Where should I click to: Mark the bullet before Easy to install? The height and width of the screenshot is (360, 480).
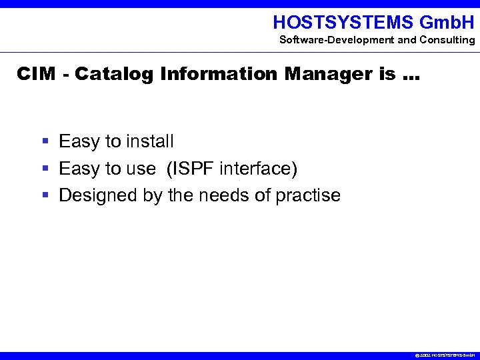click(x=45, y=141)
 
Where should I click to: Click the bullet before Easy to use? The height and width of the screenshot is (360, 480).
click(x=45, y=169)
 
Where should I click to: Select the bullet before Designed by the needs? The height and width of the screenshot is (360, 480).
click(x=45, y=195)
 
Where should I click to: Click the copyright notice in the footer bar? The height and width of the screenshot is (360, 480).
click(x=444, y=356)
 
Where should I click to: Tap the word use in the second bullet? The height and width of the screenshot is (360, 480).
click(x=141, y=169)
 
